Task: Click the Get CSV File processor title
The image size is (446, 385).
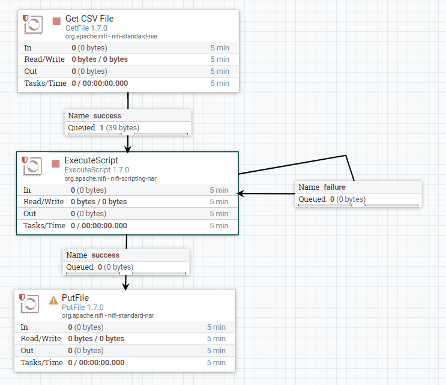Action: (x=89, y=19)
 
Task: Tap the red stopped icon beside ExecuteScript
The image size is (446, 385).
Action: (x=56, y=163)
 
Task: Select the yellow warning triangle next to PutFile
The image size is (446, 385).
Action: (x=53, y=300)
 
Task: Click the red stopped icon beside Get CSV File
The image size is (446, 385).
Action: (x=56, y=21)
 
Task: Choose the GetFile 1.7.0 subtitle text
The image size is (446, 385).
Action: (x=86, y=28)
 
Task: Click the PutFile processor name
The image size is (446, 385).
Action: (x=76, y=299)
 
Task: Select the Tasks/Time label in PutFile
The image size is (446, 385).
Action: (x=42, y=363)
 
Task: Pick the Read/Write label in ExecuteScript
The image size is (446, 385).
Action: (x=43, y=202)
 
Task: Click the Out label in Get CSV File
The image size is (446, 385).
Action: (x=31, y=71)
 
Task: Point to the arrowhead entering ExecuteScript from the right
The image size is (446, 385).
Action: (x=241, y=193)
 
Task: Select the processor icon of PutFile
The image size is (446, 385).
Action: (x=29, y=304)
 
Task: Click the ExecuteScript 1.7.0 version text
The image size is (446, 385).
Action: (x=97, y=170)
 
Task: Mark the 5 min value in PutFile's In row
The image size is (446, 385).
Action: (x=216, y=327)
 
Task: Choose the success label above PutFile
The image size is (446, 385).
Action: (x=105, y=255)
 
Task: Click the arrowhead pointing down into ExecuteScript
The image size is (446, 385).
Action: (x=127, y=148)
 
